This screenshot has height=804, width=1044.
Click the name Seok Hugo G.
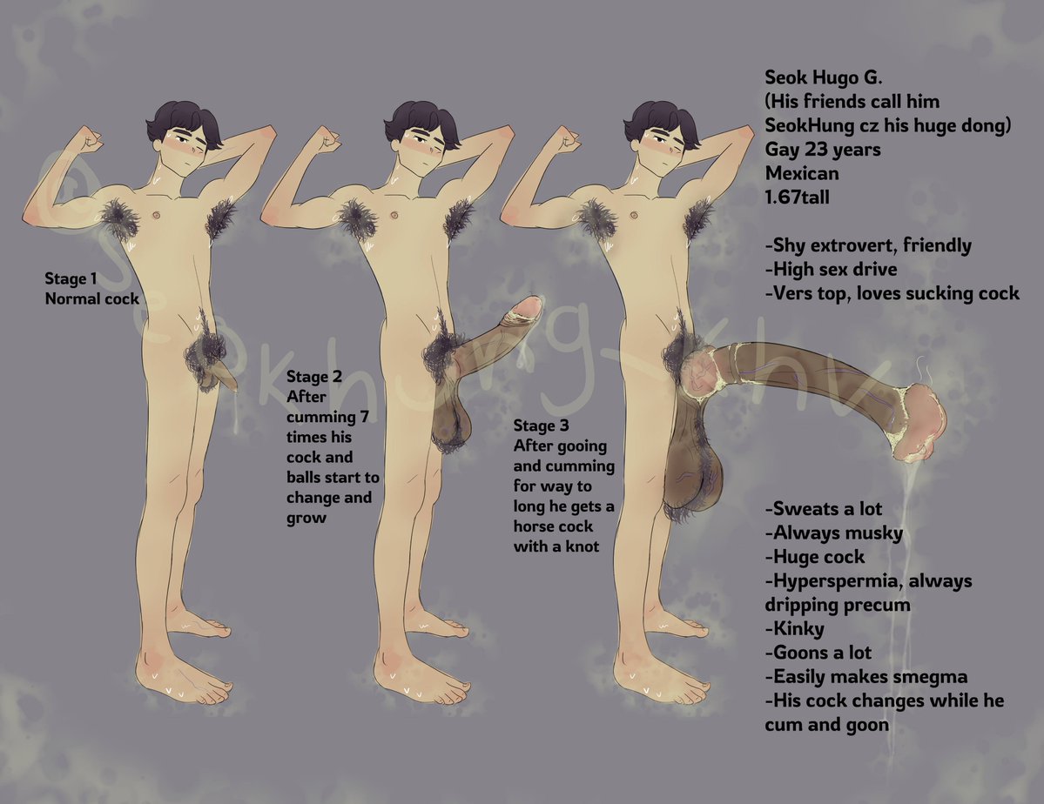823,78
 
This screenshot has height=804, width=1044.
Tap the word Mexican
802,174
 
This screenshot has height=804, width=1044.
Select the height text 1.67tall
797,198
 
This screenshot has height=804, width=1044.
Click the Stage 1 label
71,278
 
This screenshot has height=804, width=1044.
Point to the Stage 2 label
314,378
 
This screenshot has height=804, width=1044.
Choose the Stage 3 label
541,426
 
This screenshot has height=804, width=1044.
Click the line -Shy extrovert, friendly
868,246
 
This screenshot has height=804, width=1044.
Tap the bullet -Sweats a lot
824,509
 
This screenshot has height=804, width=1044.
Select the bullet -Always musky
833,533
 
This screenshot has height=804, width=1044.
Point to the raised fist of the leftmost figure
89,140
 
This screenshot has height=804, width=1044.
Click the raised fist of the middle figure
328,139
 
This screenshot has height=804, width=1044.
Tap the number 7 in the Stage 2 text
364,418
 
